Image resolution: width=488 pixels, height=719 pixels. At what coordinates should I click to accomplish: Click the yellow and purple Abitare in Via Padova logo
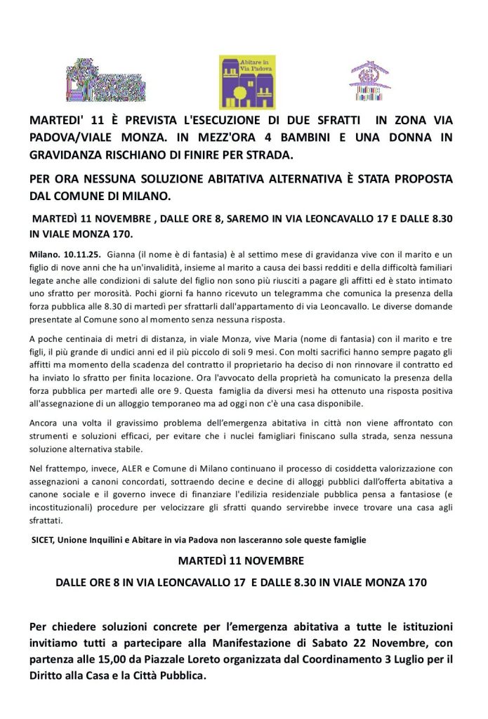click(x=247, y=82)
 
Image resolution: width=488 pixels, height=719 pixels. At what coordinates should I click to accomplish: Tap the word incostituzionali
click(x=61, y=508)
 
